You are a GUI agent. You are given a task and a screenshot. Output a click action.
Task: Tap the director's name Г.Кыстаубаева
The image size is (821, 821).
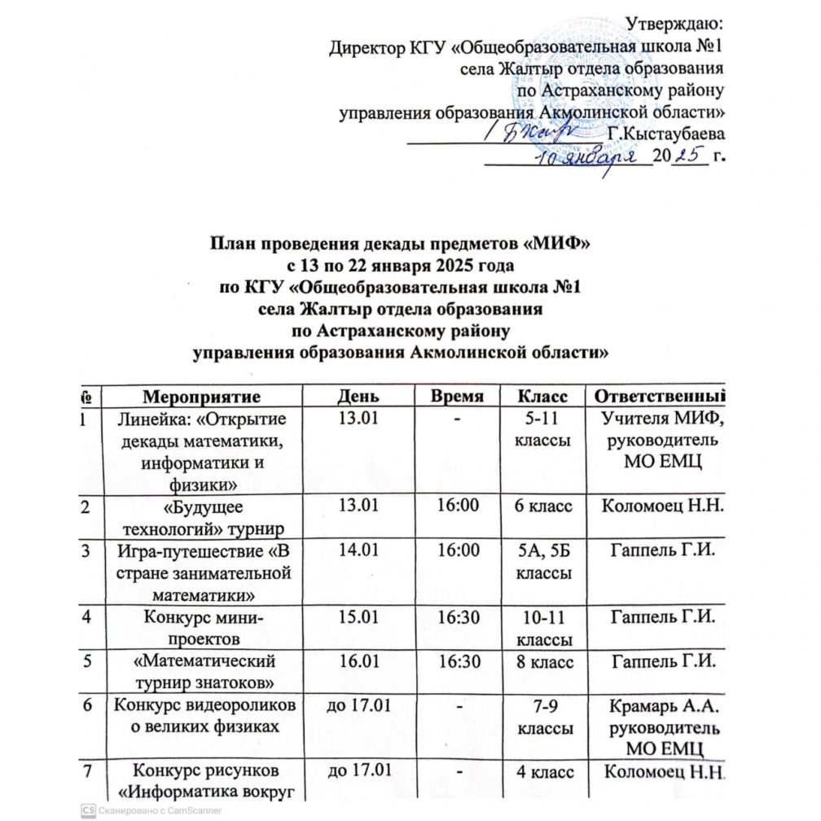click(x=667, y=132)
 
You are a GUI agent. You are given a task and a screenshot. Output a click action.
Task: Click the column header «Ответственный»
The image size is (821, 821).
click(x=660, y=397)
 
